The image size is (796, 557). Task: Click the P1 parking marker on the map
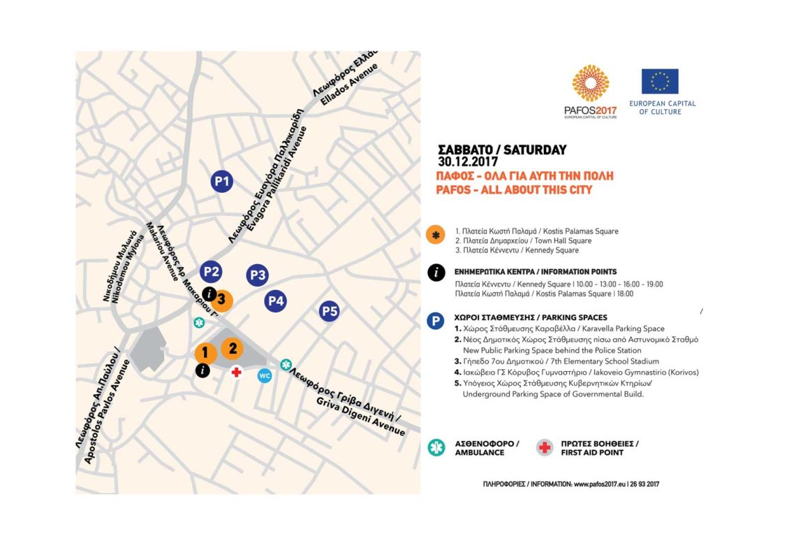click(x=222, y=182)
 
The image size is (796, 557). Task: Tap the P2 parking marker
click(x=211, y=272)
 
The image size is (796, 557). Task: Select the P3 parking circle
click(x=258, y=275)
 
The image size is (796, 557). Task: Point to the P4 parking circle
click(x=276, y=302)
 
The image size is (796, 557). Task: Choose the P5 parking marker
click(x=330, y=311)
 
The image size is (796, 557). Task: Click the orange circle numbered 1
click(x=205, y=354)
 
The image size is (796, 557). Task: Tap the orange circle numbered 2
click(x=233, y=348)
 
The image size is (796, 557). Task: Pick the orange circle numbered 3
click(x=223, y=301)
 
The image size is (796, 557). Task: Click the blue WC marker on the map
click(x=265, y=376)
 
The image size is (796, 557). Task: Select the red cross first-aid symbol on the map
click(x=237, y=372)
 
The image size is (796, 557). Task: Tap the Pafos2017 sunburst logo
click(x=590, y=84)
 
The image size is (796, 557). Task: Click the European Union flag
click(x=660, y=81)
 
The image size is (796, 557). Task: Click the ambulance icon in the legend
click(x=436, y=447)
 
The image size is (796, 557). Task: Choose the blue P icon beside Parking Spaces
click(x=436, y=321)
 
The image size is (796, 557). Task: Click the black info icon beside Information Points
click(x=436, y=273)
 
